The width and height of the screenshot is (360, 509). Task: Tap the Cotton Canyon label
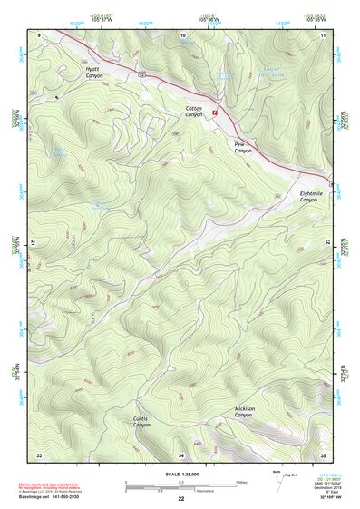pos(194,112)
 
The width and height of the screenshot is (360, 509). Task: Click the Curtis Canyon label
pos(141,421)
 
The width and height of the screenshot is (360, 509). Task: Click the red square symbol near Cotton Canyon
pos(214,113)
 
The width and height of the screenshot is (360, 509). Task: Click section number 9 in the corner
pos(40,34)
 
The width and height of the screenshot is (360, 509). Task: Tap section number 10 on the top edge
pos(183,34)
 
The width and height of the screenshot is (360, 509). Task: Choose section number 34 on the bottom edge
pos(181,454)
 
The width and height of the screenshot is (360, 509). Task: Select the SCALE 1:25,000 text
pos(181,473)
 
